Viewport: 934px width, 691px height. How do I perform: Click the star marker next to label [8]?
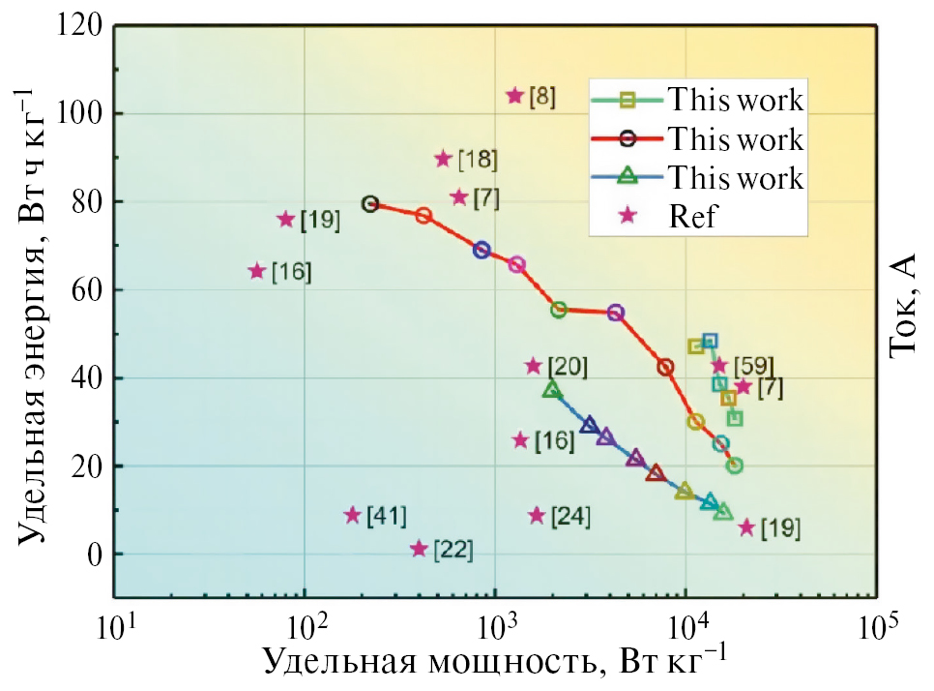514,96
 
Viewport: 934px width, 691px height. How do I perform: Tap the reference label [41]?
387,515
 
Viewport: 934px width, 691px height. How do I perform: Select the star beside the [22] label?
419,549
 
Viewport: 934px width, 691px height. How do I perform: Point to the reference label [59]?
752,367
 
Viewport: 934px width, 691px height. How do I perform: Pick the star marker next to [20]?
533,366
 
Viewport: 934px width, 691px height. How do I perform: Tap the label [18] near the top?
478,160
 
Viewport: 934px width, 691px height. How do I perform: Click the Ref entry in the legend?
692,216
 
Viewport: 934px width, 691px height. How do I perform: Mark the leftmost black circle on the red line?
370,204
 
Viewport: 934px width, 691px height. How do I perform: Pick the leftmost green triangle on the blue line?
552,390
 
